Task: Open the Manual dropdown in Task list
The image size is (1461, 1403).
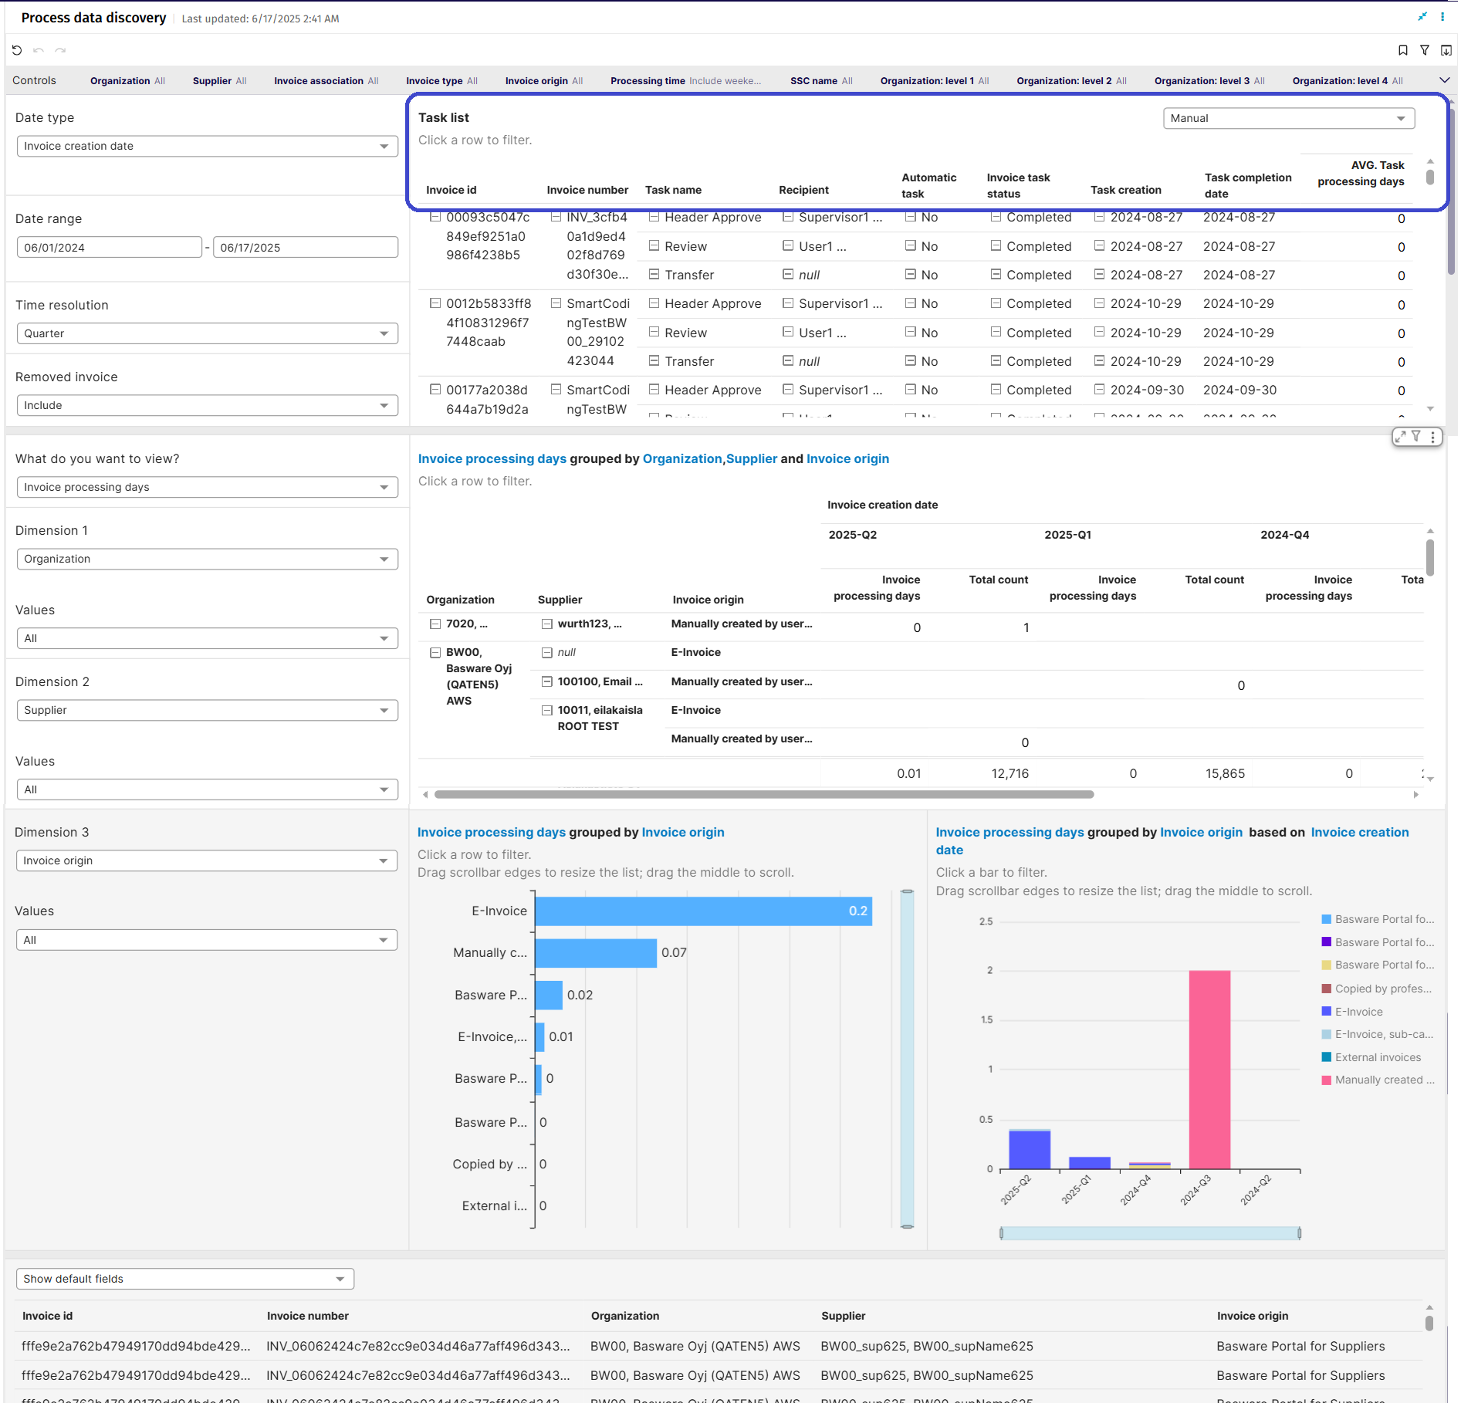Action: click(x=1287, y=118)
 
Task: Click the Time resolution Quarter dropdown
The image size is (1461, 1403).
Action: click(x=207, y=333)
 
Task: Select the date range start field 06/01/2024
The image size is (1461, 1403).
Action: click(x=109, y=248)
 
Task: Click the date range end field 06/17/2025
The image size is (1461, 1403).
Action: click(x=305, y=248)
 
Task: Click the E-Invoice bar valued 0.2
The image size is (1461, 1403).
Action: click(x=702, y=911)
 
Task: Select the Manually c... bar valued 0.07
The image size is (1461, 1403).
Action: click(x=595, y=953)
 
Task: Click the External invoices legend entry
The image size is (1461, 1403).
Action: click(x=1377, y=1057)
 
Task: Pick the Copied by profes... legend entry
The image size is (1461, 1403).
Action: click(x=1382, y=989)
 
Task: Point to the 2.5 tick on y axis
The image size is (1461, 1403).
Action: click(x=986, y=921)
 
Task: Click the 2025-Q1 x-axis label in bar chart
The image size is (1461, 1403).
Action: click(x=1077, y=1189)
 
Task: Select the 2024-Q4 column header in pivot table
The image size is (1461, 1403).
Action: click(x=1284, y=535)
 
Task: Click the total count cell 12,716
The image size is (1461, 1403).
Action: click(x=1010, y=773)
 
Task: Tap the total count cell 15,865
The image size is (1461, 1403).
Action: click(x=1225, y=773)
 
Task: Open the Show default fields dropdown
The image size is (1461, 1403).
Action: click(x=184, y=1279)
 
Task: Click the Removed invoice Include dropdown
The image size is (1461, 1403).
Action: click(x=207, y=405)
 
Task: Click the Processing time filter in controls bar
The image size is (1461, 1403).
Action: click(x=685, y=81)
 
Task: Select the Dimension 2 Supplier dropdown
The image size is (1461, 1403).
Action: click(x=207, y=710)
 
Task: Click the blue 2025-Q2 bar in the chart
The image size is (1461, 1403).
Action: click(x=1029, y=1150)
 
